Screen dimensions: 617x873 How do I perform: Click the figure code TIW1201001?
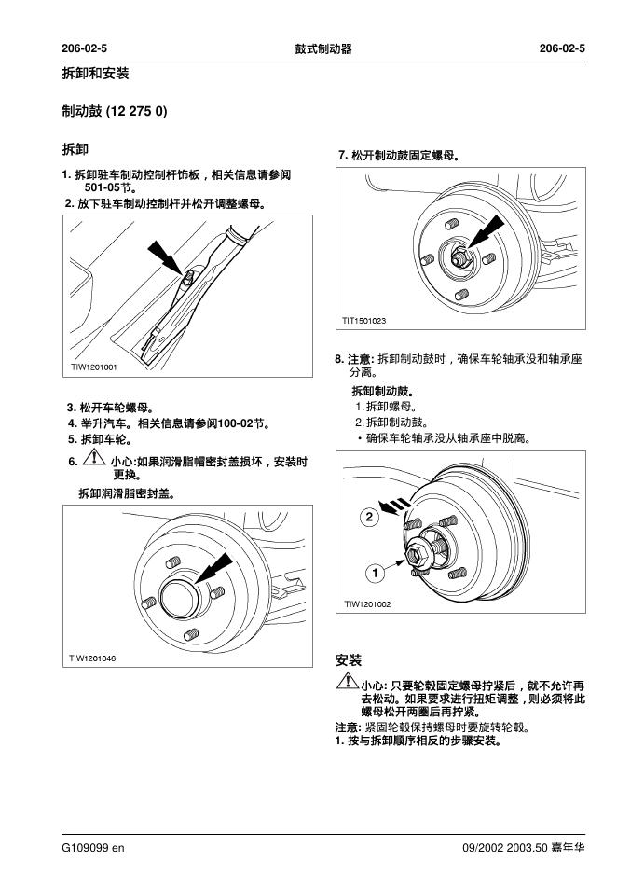[94, 367]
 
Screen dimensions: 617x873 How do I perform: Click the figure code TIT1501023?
[363, 321]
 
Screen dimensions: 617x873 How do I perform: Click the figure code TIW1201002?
[367, 604]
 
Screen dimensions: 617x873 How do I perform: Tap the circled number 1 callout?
[374, 571]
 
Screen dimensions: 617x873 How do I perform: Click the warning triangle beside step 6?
[94, 460]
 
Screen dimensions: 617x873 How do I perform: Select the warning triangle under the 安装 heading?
[346, 683]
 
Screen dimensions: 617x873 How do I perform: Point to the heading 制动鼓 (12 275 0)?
[115, 111]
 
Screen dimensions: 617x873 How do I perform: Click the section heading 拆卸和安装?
[95, 74]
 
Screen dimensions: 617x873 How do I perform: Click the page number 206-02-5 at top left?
[85, 48]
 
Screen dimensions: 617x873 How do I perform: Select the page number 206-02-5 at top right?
[562, 48]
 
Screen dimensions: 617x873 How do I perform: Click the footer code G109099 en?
[93, 848]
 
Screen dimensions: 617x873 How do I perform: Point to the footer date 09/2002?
[485, 848]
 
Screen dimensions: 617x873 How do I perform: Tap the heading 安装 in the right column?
[348, 660]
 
